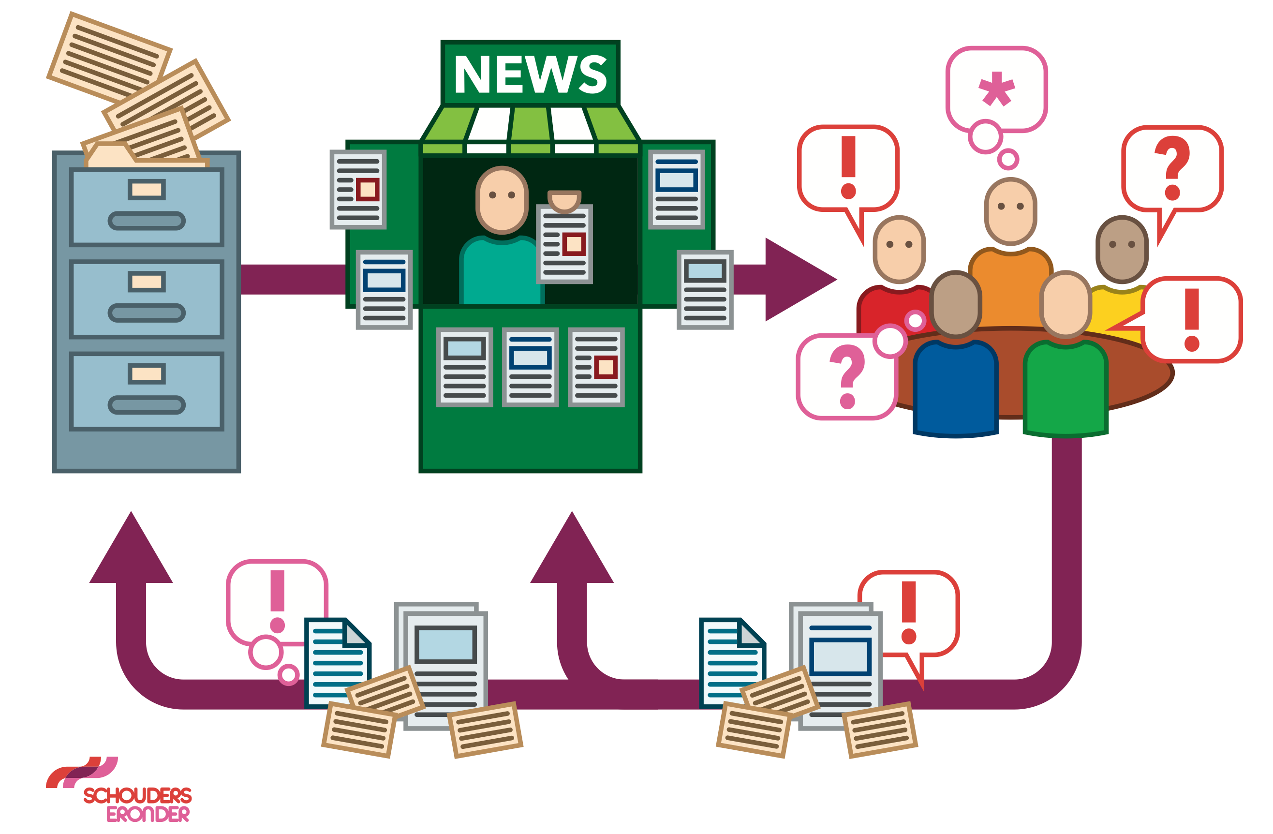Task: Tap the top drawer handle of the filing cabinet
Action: click(147, 221)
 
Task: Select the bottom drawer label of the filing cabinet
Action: click(147, 373)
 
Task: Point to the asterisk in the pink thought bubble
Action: click(996, 89)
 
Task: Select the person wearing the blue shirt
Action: click(955, 385)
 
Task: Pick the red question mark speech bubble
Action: click(1172, 168)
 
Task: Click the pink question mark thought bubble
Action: click(847, 377)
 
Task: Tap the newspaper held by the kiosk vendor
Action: click(564, 244)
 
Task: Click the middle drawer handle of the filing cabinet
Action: click(147, 313)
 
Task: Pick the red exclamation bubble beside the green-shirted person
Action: click(1191, 319)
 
